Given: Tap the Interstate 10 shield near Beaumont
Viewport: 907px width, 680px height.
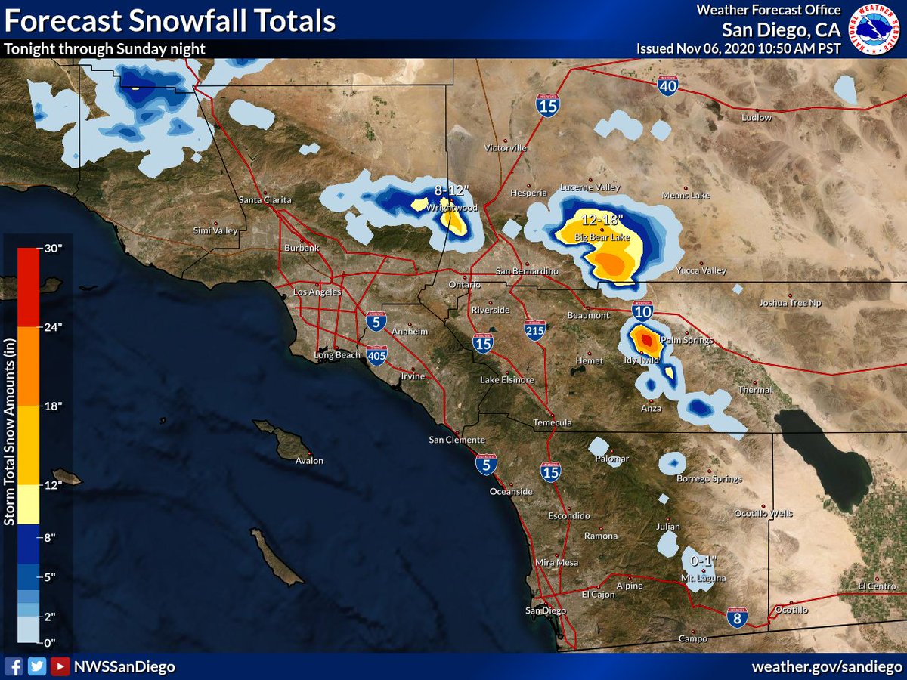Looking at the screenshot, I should (x=642, y=310).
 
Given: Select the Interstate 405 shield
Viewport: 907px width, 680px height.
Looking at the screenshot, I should (x=376, y=354).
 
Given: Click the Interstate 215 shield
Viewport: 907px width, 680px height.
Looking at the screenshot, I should (x=535, y=329).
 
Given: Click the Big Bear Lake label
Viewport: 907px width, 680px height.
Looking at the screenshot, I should (x=602, y=238).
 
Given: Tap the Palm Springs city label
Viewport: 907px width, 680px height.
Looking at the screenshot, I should (x=687, y=341).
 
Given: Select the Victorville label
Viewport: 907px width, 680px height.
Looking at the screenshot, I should (x=506, y=147).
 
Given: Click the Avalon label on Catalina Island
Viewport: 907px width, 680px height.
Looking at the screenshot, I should (x=309, y=460).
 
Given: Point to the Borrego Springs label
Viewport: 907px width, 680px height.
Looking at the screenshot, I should (x=709, y=478).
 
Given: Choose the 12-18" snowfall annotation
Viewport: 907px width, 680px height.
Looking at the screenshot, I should (x=602, y=221).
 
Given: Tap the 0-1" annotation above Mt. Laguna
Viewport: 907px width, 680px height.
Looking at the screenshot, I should (x=704, y=561).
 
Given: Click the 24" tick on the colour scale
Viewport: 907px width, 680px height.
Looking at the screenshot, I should (x=53, y=327).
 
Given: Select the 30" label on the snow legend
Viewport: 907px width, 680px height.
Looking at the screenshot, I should (x=53, y=249).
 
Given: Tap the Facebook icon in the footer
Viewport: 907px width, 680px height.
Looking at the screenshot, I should (x=13, y=666).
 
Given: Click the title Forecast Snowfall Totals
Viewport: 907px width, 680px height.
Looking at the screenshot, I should (x=170, y=20).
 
